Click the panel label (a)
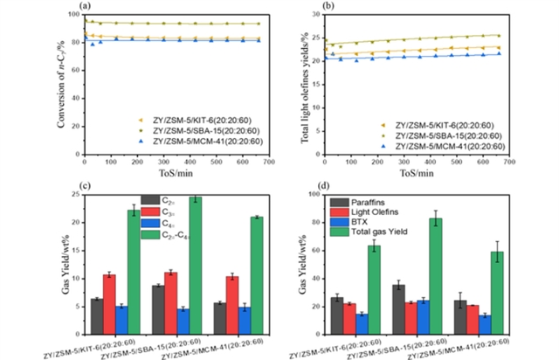[85, 7]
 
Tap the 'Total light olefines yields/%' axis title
[305, 83]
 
